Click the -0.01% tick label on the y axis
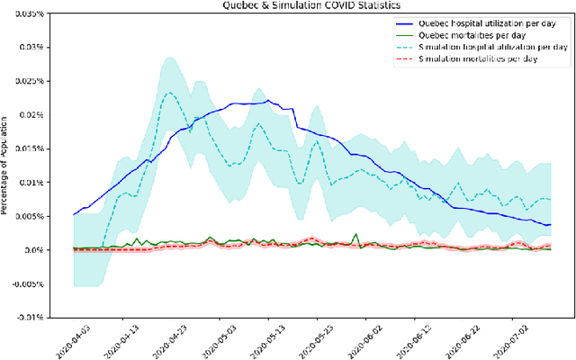(43, 317)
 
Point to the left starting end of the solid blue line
(74, 214)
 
